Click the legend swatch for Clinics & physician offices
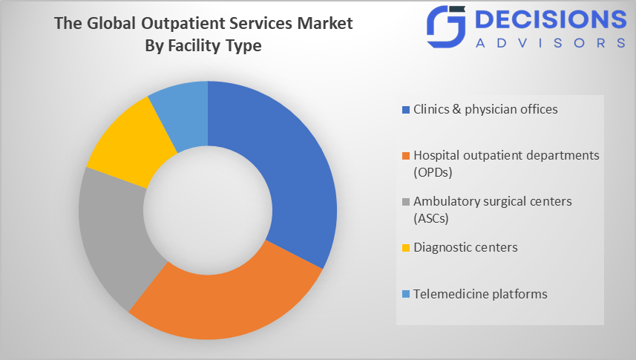[x=406, y=110]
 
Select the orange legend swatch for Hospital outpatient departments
[x=406, y=155]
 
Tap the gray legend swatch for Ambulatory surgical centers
[x=406, y=202]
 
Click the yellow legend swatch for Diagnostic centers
[x=406, y=248]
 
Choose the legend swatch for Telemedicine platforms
[x=406, y=294]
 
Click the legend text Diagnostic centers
[x=465, y=247]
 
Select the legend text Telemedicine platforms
[x=480, y=294]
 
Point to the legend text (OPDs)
[x=433, y=172]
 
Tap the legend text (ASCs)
[x=431, y=218]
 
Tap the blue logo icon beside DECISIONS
[x=446, y=27]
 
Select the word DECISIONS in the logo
[x=551, y=19]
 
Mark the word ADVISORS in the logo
[x=551, y=43]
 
